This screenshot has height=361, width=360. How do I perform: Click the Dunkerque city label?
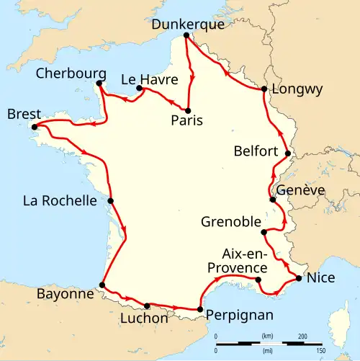coord(188,24)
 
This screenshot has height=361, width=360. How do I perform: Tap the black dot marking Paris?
coord(188,110)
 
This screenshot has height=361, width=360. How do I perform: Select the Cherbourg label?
coord(72,74)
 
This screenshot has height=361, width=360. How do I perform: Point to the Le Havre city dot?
coord(138,89)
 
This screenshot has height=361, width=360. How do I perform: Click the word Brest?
coord(21,115)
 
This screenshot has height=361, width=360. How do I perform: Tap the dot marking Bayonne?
coord(102,285)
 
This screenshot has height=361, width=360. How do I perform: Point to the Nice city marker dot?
coord(299,278)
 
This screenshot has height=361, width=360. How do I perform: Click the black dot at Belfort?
coord(287,153)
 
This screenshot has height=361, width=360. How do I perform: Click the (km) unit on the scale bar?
coord(268,336)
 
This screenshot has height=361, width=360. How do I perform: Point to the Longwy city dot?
coord(264,89)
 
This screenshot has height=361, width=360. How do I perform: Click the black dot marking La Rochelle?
coord(112,201)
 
